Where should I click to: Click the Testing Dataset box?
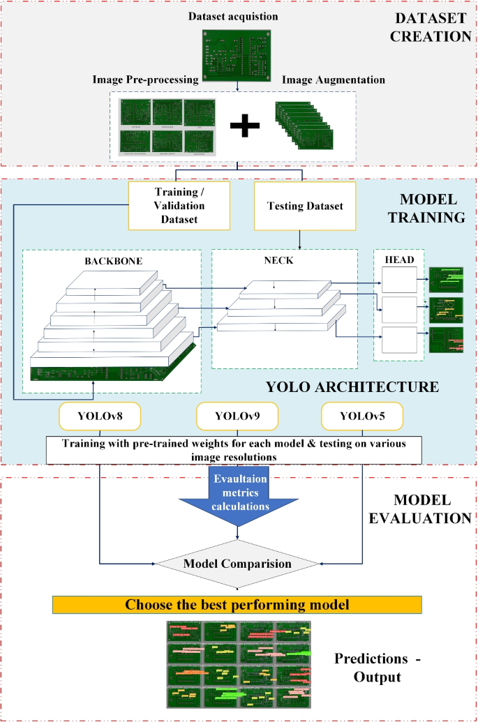click(x=304, y=206)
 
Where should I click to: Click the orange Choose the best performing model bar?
click(x=237, y=604)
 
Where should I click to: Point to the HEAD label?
click(x=400, y=260)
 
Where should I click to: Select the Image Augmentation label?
click(x=334, y=80)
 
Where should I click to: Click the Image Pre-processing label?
click(x=146, y=80)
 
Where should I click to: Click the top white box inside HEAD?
click(x=400, y=282)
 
